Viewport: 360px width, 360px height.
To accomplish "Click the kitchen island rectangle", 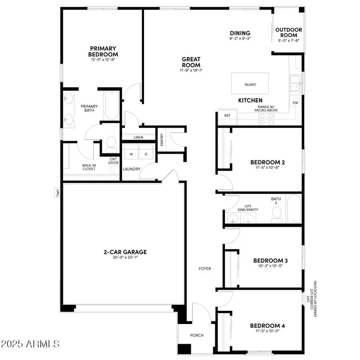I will coord(250,84).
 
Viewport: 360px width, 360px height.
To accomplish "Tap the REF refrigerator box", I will coord(227,116).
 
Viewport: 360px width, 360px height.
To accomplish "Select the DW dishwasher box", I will coord(296,103).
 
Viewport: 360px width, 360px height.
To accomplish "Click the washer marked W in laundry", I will coord(131,154).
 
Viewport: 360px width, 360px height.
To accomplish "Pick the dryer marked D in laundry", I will coord(146,154).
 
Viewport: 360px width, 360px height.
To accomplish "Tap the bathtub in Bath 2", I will coord(293,208).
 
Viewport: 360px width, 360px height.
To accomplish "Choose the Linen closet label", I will coord(138,137).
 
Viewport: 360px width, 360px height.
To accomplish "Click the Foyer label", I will coord(204,268).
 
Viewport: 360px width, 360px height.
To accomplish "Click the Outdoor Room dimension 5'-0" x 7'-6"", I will coord(289,40).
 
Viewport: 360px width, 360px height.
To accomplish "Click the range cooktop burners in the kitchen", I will coord(266,119).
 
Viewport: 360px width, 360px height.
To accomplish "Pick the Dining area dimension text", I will coord(240,39).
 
